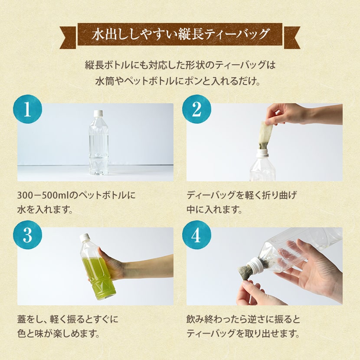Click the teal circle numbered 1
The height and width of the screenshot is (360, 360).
28,109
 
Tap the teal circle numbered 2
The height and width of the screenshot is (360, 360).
196,109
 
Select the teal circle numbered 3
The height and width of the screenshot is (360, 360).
28,235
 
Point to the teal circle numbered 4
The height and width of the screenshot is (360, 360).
196,235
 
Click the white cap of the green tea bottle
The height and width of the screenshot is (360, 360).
85,237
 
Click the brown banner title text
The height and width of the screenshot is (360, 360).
180,34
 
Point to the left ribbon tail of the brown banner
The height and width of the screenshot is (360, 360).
68,37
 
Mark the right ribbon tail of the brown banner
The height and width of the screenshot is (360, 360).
292,37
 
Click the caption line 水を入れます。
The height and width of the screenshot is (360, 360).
45,209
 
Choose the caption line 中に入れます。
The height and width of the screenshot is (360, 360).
214,209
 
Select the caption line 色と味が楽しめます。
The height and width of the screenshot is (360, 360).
59,334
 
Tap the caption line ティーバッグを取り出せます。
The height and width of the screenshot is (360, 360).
243,334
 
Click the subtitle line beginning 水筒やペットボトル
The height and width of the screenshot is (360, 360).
178,82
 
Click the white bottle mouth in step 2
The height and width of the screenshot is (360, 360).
262,152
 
